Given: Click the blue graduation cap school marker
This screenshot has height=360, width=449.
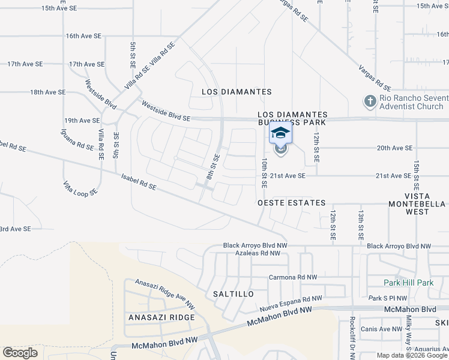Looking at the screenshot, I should pos(280,133).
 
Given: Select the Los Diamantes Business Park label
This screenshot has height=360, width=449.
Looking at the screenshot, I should pos(292,118).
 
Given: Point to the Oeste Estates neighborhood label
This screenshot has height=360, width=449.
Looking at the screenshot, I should pos(291,203).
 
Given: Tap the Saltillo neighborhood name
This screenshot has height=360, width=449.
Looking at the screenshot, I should pos(234,294).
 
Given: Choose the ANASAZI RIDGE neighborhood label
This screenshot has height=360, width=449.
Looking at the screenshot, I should pos(161,317).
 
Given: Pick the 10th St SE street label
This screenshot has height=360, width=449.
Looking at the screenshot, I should pos(264,172).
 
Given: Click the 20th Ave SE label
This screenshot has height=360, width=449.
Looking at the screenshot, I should pos(394,148).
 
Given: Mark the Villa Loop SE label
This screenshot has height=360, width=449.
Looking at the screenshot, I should pos(80,188).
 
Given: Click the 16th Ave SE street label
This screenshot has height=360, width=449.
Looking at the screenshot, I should pos(83,36).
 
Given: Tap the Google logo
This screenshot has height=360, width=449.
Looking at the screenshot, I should pos(20,353).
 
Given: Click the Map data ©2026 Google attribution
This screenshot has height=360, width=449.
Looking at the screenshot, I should pos(412,355).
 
